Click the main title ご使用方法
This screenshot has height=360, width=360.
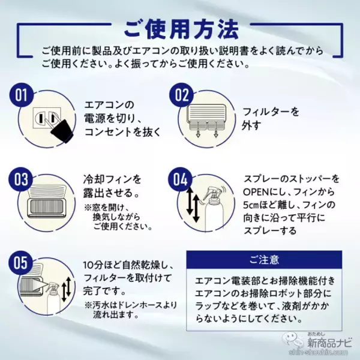click(181, 29)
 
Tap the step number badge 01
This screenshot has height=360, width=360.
click(22, 95)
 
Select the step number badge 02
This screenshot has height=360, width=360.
click(181, 95)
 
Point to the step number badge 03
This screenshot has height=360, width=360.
click(20, 179)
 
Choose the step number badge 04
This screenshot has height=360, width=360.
click(181, 179)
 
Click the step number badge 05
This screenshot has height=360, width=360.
click(20, 263)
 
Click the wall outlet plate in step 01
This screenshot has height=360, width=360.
click(47, 118)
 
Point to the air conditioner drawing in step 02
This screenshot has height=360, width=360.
click(207, 116)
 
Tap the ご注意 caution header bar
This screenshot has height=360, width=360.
click(264, 260)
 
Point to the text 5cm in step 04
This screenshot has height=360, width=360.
click(251, 205)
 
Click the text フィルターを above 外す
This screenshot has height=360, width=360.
click(271, 112)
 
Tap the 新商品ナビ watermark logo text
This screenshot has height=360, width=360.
click(329, 343)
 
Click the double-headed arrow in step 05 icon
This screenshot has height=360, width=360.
click(67, 289)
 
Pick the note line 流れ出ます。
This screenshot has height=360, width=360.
click(116, 314)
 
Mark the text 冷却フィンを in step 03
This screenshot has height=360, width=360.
click(112, 179)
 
